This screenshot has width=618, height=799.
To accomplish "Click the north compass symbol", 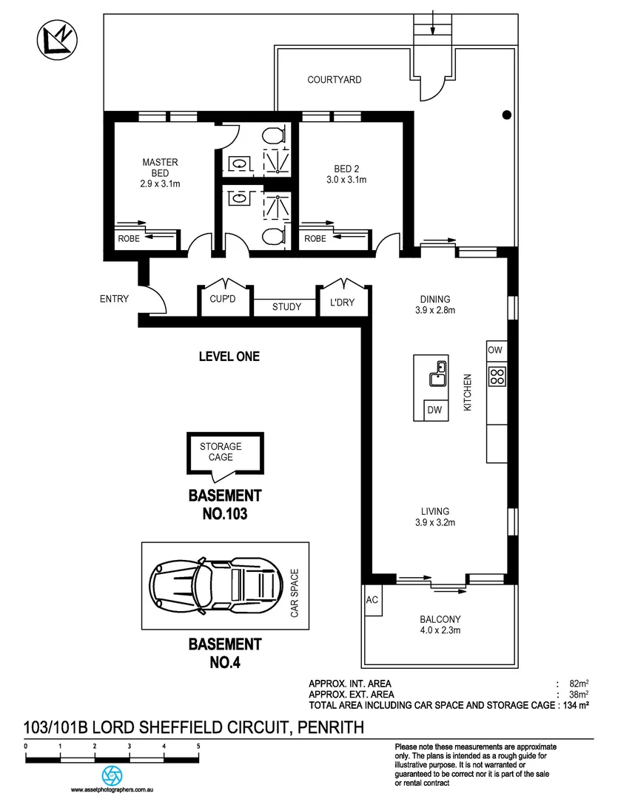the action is [57, 40].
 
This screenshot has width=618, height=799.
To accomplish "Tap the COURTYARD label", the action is [334, 79].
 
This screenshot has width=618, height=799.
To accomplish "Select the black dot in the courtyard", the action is [506, 115].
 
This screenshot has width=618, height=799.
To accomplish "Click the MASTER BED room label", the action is [160, 168].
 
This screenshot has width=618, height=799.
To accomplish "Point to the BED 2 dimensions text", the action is [346, 179].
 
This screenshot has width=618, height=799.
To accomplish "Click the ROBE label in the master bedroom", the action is [129, 238].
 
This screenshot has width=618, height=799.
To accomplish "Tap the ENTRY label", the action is [114, 299].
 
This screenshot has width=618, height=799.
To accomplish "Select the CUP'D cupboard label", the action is [223, 299].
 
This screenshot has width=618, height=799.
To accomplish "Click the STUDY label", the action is [286, 307].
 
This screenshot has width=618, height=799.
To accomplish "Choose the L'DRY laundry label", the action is [342, 302].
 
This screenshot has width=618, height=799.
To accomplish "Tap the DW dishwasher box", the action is [436, 410].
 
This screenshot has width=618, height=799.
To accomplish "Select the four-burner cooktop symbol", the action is [497, 377].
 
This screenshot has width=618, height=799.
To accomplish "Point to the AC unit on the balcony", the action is [372, 600].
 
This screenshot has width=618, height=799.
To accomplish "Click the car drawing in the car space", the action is [215, 586].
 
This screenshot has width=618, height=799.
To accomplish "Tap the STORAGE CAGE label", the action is [221, 451].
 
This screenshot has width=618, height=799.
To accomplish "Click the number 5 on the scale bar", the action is [198, 746].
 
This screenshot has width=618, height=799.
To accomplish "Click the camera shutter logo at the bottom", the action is [112, 775].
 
